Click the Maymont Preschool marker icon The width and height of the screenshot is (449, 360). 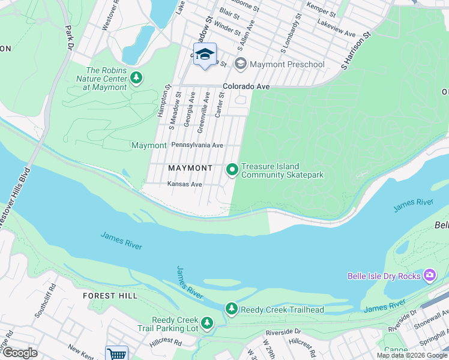pyautogui.click(x=241, y=64)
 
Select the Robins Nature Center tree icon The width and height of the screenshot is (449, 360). pyautogui.click(x=137, y=78)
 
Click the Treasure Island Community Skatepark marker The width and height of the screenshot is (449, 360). pyautogui.click(x=232, y=170)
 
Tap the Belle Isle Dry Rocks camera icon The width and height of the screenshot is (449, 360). pyautogui.click(x=429, y=276)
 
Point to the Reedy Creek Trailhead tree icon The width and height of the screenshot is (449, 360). pyautogui.click(x=232, y=309)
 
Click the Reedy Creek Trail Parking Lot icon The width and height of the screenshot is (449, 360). pyautogui.click(x=207, y=324)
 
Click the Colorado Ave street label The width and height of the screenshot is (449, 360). pyautogui.click(x=246, y=86)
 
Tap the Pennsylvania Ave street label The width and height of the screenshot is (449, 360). pyautogui.click(x=197, y=145)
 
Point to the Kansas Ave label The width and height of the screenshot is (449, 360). pyautogui.click(x=184, y=184)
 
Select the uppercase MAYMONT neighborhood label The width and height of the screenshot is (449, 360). pyautogui.click(x=190, y=168)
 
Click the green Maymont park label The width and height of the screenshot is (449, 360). pyautogui.click(x=148, y=146)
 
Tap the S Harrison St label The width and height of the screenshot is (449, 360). pyautogui.click(x=357, y=50)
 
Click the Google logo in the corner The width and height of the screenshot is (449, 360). pyautogui.click(x=19, y=353)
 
